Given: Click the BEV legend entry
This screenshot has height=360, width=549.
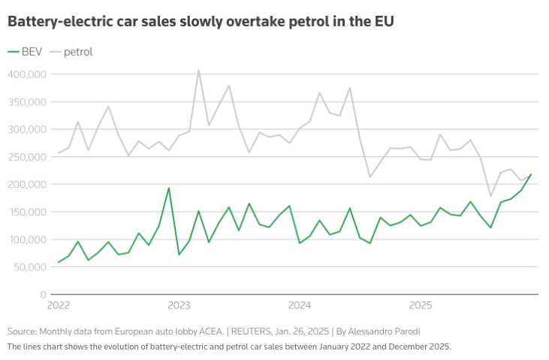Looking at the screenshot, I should click(x=26, y=52).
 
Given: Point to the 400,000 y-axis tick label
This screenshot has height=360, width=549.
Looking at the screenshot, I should click(x=26, y=74).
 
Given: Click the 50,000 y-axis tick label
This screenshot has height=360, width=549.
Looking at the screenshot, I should click(x=29, y=267).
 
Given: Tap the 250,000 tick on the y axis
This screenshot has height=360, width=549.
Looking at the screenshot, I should click(x=27, y=157).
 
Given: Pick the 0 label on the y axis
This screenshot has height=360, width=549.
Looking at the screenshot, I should click(x=43, y=295).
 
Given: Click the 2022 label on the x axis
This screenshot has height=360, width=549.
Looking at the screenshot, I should click(x=58, y=306).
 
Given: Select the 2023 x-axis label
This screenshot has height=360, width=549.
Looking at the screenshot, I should click(x=179, y=306).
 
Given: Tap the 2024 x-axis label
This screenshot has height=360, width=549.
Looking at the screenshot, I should click(x=300, y=306).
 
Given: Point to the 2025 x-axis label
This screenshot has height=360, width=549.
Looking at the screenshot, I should click(x=421, y=306).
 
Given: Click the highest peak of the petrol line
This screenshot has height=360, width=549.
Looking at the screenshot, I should click(x=198, y=71).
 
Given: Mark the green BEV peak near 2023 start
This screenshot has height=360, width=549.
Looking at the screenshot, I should click(x=168, y=188).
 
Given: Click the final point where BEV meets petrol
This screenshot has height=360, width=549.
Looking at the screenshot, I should click(x=531, y=174).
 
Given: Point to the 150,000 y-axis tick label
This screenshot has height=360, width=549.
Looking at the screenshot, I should click(x=27, y=212).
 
